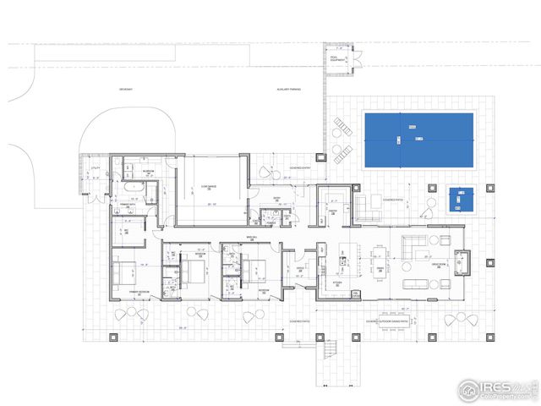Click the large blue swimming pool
tap(418, 139)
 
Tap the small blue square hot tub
tap(461, 200)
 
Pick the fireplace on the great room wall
tap(463, 262)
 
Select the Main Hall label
tap(250, 238)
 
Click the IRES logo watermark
tap(496, 389)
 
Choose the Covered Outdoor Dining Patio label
tap(388, 321)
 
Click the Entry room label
tap(276, 199)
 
